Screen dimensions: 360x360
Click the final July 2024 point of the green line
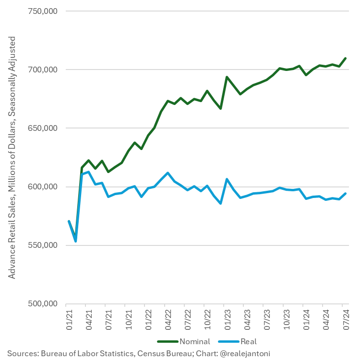click(346, 58)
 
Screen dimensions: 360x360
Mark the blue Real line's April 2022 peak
click(168, 173)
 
